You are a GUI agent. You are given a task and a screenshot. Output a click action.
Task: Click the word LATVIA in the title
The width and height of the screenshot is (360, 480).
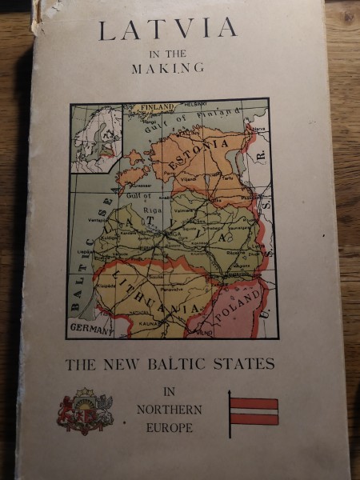[x=168, y=30]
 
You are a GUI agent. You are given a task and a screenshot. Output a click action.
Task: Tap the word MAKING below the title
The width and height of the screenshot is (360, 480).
[x=167, y=69]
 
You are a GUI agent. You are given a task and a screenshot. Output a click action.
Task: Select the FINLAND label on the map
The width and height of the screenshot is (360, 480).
[x=157, y=107]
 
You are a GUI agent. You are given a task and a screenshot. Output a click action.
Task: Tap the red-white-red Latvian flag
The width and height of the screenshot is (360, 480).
[x=254, y=410]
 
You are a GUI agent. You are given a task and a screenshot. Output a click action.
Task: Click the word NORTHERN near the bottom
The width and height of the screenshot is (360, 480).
[x=169, y=410]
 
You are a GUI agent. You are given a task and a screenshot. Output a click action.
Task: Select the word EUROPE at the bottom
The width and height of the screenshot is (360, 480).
[x=170, y=428]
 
